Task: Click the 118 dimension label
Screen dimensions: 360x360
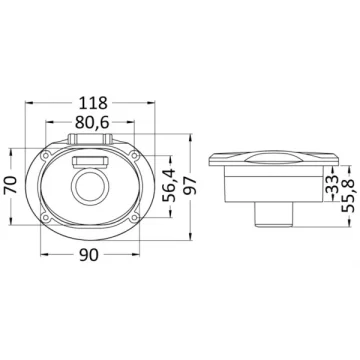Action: pyautogui.click(x=93, y=103)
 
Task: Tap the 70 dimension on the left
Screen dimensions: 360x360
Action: pyautogui.click(x=11, y=185)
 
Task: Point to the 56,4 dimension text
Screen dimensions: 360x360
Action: pyautogui.click(x=169, y=185)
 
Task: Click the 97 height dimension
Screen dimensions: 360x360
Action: pyautogui.click(x=190, y=187)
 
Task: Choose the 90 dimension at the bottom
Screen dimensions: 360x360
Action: pyautogui.click(x=90, y=255)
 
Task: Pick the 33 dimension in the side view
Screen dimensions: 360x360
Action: pyautogui.click(x=332, y=185)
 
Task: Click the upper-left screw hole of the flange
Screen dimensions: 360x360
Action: pyautogui.click(x=45, y=155)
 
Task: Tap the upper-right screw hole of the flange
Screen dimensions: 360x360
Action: pyautogui.click(x=134, y=155)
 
